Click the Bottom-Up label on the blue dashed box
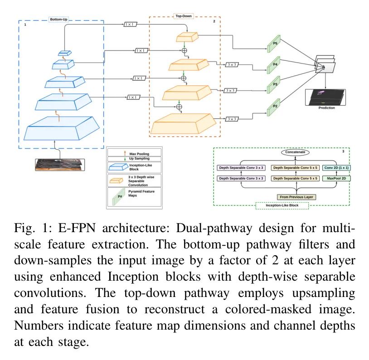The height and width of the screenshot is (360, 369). coord(58,19)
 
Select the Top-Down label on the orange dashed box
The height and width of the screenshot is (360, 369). coord(184,16)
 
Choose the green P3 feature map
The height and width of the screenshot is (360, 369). coord(274,84)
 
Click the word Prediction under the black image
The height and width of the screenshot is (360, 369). coord(326,108)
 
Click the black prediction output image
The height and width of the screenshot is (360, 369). coord(326,97)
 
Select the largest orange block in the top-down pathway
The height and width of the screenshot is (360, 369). coord(184,123)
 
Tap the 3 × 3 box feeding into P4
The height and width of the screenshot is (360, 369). coord(232,65)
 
